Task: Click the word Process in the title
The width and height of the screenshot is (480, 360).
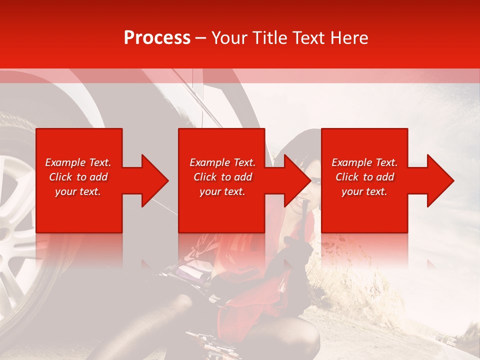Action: pyautogui.click(x=157, y=38)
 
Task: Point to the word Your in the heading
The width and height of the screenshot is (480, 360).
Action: pyautogui.click(x=229, y=38)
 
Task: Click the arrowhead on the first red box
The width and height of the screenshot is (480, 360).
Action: pyautogui.click(x=155, y=180)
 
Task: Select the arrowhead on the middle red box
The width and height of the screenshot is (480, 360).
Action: pyautogui.click(x=297, y=180)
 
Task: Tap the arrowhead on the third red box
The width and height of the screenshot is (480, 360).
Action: pyautogui.click(x=440, y=180)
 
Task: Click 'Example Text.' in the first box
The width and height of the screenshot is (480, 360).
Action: pyautogui.click(x=78, y=162)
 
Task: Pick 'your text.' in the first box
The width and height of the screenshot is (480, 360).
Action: pyautogui.click(x=78, y=191)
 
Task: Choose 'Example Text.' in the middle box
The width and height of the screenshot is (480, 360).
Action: pyautogui.click(x=222, y=162)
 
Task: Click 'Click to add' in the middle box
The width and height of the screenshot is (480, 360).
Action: pyautogui.click(x=222, y=177)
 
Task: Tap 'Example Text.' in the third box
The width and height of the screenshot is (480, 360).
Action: pyautogui.click(x=364, y=162)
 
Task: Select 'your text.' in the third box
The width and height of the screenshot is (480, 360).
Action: pyautogui.click(x=364, y=191)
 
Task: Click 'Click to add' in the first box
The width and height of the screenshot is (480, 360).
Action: pyautogui.click(x=78, y=177)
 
